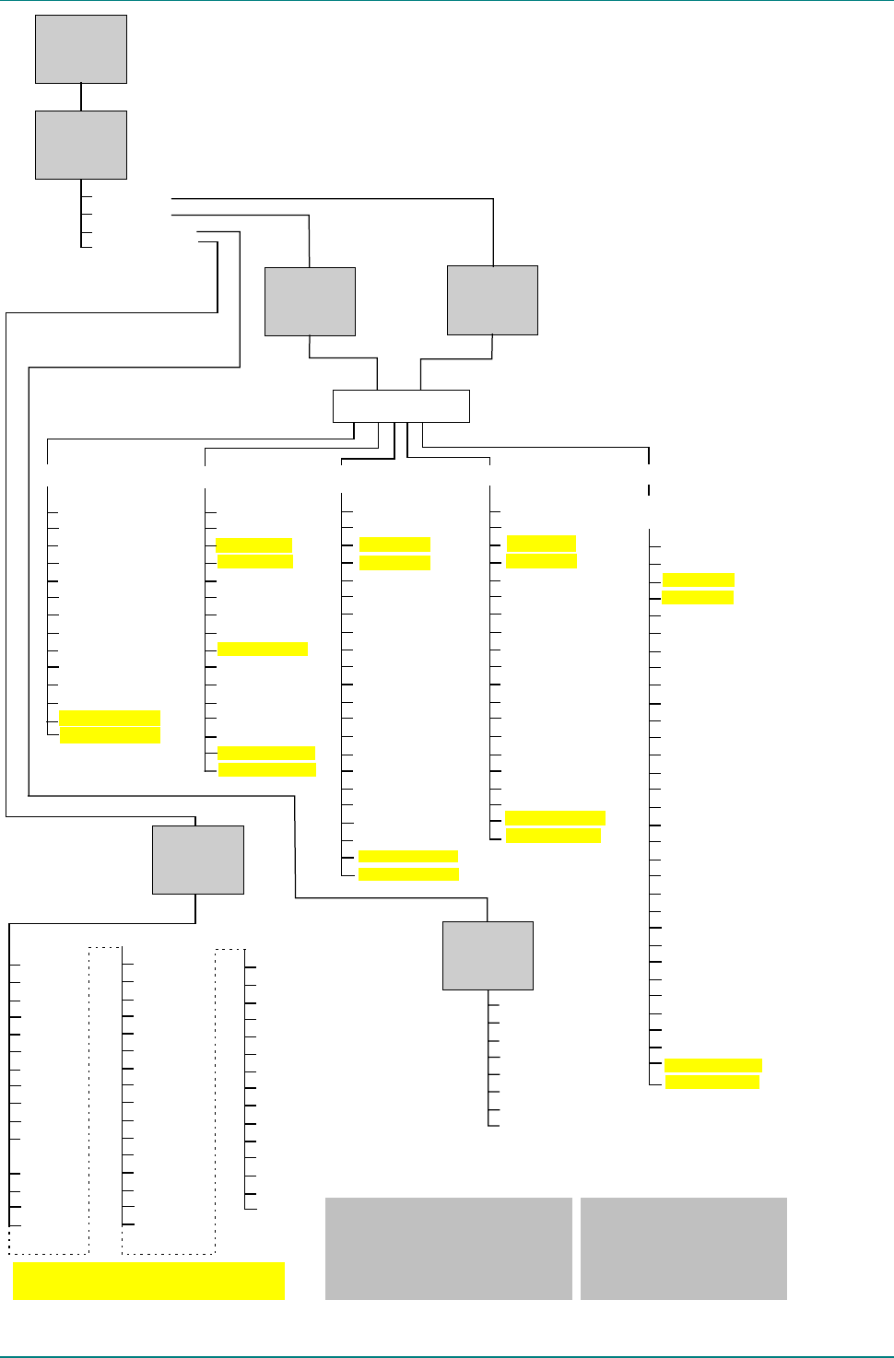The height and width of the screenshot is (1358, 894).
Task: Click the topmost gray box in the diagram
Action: (x=81, y=50)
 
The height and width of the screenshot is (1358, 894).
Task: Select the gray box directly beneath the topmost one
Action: (x=81, y=146)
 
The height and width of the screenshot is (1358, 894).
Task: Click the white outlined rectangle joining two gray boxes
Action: (x=401, y=406)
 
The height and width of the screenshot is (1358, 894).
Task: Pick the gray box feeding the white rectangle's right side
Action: (x=492, y=300)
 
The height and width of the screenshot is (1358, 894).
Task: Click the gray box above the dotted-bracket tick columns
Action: (x=198, y=860)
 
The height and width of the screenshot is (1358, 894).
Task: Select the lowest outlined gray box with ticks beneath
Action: (x=488, y=955)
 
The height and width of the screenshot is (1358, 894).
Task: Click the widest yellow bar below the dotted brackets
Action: (x=148, y=1282)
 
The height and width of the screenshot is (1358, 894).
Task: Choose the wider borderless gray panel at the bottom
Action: (x=449, y=1248)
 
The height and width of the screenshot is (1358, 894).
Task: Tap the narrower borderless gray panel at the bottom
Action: (x=684, y=1248)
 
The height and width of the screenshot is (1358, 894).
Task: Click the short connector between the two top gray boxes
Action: (x=81, y=97)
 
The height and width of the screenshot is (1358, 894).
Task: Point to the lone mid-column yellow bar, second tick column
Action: (x=262, y=649)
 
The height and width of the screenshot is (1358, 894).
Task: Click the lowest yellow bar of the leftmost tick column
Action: (x=110, y=735)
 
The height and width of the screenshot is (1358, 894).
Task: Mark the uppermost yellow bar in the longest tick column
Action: (x=699, y=579)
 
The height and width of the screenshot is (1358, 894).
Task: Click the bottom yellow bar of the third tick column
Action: (x=408, y=874)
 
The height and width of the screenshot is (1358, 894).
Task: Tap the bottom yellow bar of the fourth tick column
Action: (x=553, y=836)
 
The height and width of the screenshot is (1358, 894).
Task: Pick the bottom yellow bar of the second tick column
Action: (x=267, y=770)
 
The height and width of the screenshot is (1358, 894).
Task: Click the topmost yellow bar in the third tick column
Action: (x=394, y=544)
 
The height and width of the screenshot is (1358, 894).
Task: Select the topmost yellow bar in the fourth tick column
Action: (x=541, y=544)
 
